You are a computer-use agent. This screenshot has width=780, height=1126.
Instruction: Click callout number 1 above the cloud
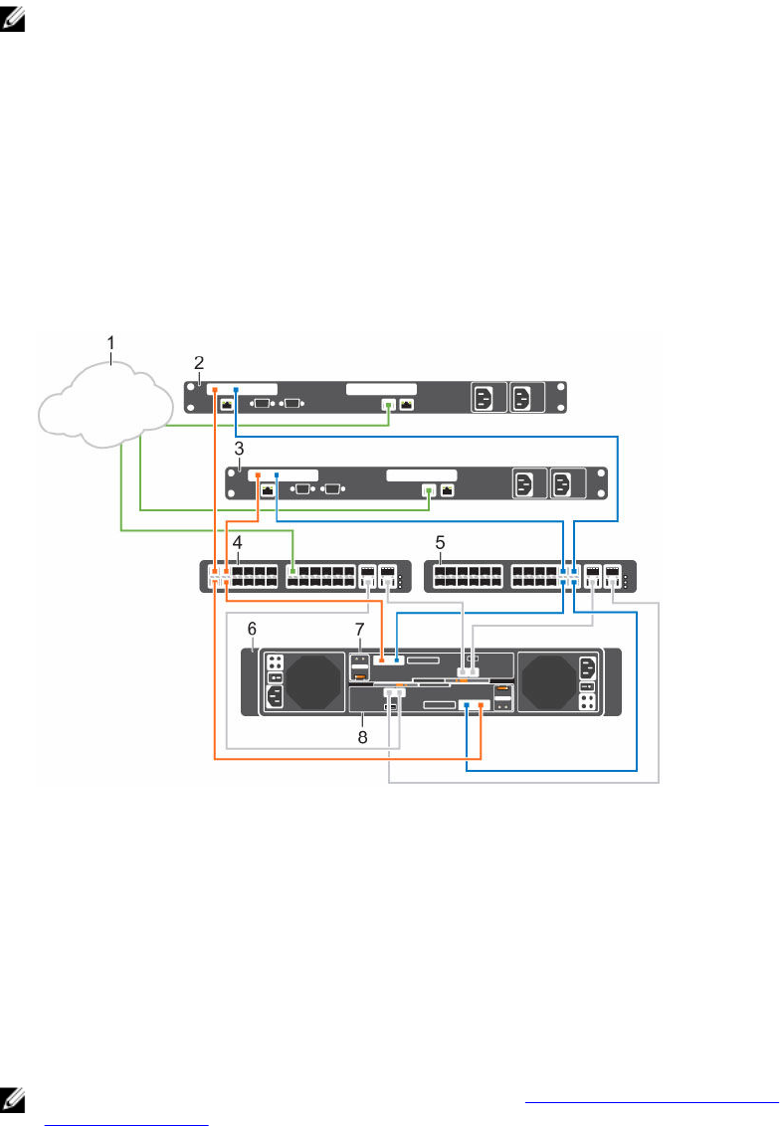click(x=112, y=343)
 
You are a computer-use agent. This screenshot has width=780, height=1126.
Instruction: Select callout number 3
click(x=239, y=449)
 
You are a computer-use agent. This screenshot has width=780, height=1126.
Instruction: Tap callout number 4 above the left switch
click(x=237, y=545)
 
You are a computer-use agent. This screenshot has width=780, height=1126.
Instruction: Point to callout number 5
click(x=442, y=545)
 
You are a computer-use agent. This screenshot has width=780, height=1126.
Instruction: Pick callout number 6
click(x=253, y=631)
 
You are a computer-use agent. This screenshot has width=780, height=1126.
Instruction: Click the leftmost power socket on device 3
click(x=525, y=484)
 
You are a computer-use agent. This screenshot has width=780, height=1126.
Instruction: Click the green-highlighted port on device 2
click(x=389, y=405)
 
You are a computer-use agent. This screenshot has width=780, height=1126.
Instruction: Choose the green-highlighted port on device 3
click(x=429, y=490)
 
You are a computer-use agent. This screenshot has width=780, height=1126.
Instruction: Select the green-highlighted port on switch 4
click(x=293, y=574)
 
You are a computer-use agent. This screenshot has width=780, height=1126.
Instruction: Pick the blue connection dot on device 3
click(x=276, y=475)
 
